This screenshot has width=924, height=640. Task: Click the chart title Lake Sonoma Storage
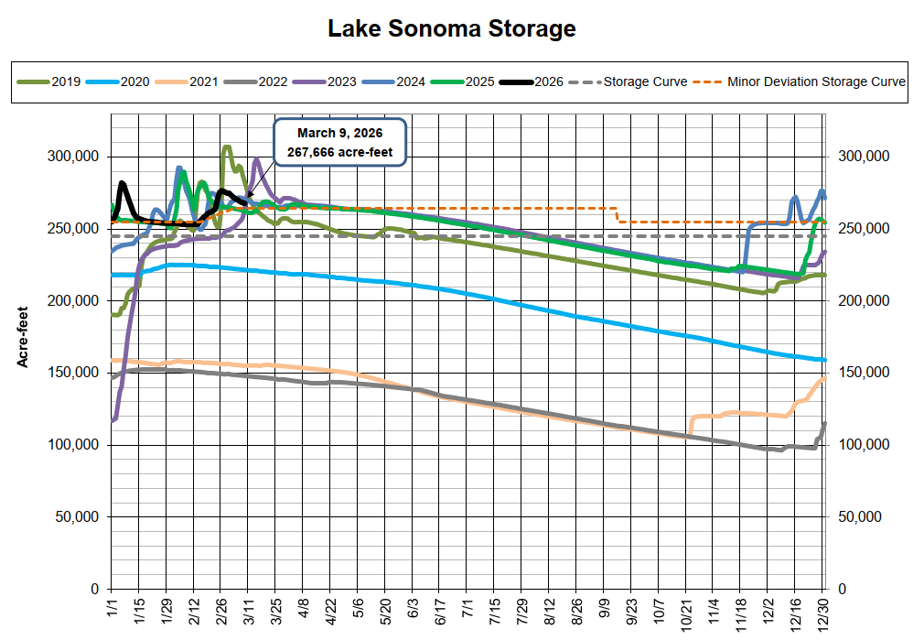coord(452,28)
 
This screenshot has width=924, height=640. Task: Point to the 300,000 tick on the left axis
coord(72,157)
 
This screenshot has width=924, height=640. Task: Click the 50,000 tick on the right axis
coord(861,517)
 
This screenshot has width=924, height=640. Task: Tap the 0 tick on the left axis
coord(94,589)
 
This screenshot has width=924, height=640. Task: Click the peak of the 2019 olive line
coord(227,146)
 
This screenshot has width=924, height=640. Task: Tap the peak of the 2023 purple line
coord(256,159)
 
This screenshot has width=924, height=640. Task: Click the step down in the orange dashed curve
coord(618,215)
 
